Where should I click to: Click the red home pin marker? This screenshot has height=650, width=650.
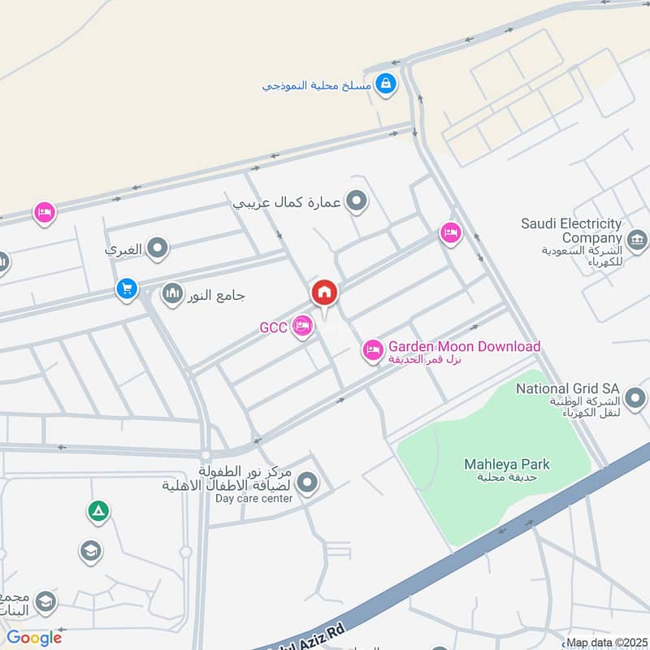pyautogui.click(x=324, y=292)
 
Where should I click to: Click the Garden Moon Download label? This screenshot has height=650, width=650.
pyautogui.click(x=464, y=347)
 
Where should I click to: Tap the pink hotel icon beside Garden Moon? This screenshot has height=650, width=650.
pyautogui.click(x=373, y=350)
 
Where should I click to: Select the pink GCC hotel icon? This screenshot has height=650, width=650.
pyautogui.click(x=302, y=327)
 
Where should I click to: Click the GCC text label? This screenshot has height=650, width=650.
pyautogui.click(x=273, y=328)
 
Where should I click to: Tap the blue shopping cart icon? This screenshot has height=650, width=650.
pyautogui.click(x=126, y=288)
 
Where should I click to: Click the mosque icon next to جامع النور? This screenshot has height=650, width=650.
pyautogui.click(x=172, y=293)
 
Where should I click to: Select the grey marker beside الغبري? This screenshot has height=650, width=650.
pyautogui.click(x=158, y=249)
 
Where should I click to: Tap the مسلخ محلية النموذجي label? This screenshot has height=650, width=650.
pyautogui.click(x=317, y=84)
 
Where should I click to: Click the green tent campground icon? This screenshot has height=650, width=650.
pyautogui.click(x=98, y=511)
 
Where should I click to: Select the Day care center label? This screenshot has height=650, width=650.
pyautogui.click(x=253, y=498)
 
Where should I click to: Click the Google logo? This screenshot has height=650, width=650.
pyautogui.click(x=34, y=638)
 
